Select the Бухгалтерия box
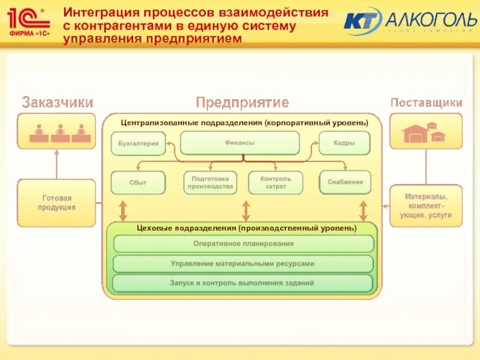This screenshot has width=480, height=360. tap(138, 143)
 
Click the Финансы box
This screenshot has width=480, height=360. tap(240, 143)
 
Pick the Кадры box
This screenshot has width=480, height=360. tap(344, 143)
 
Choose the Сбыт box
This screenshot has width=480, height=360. tap(138, 182)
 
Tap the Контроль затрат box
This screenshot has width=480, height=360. tap(275, 182)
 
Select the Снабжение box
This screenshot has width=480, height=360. tap(345, 182)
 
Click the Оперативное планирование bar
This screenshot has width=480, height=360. tap(243, 244)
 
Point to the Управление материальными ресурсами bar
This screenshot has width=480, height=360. tap(243, 263)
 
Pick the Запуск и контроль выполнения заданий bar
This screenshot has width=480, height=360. tap(243, 283)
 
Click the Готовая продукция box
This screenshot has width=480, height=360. tap(56, 203)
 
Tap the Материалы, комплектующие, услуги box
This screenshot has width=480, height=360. tap(427, 206)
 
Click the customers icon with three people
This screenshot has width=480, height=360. tap(56, 131)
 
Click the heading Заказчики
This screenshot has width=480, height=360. tap(57, 103)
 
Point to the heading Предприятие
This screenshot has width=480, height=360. tap(242, 103)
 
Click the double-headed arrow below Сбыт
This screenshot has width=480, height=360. tap(124, 210)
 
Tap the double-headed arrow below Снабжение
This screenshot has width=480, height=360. tap(363, 210)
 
